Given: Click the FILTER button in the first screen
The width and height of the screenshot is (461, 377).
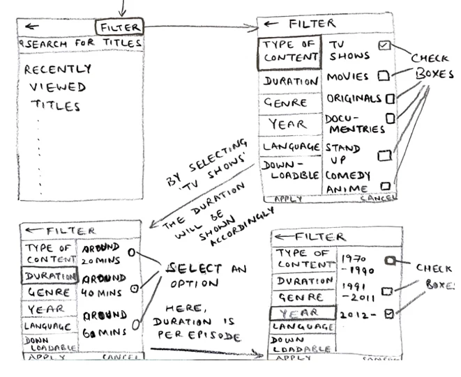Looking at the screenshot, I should pyautogui.click(x=120, y=27).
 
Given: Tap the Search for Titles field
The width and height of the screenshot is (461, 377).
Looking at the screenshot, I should pyautogui.click(x=81, y=43).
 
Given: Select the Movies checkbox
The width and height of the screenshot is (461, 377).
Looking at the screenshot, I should pyautogui.click(x=382, y=75).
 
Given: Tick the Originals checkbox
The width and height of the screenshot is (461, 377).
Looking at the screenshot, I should pyautogui.click(x=390, y=98).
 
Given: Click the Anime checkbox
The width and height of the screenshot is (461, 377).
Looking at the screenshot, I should pyautogui.click(x=385, y=186).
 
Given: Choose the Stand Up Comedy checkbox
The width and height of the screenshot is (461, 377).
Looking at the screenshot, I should pyautogui.click(x=383, y=155).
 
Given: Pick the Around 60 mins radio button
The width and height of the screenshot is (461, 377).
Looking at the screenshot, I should pyautogui.click(x=137, y=323).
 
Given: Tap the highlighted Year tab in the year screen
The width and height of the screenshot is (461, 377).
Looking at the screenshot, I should pyautogui.click(x=293, y=313).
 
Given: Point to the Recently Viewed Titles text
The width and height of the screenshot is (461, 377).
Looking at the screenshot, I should pyautogui.click(x=57, y=88).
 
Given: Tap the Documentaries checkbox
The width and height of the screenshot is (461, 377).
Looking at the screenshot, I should pyautogui.click(x=390, y=118).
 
